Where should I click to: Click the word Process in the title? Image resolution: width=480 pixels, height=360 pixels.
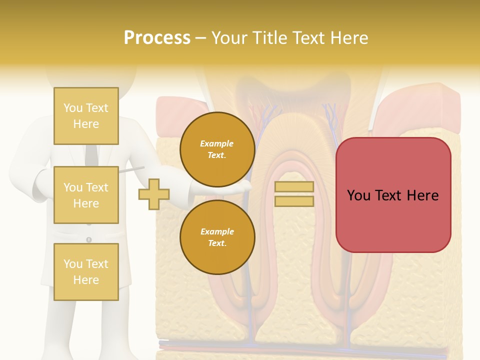pos(157,38)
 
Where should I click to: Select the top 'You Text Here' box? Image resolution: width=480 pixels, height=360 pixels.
pos(86,116)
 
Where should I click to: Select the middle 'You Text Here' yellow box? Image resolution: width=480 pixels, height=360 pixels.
pos(86,195)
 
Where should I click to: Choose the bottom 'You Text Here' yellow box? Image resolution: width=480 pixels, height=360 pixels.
pos(86,271)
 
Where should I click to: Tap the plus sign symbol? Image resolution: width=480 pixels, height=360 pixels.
pos(154,194)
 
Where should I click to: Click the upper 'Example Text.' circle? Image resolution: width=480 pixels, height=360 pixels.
pos(217,149)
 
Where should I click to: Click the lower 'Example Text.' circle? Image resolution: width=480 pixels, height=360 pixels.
pos(217,237)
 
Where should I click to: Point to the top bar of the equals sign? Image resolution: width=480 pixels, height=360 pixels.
pos(294,187)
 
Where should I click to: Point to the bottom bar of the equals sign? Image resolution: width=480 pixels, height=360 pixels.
pos(294,201)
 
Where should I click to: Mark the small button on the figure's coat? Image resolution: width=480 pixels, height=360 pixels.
pos(89,239)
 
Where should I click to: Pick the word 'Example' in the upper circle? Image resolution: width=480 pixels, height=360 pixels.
pos(217,143)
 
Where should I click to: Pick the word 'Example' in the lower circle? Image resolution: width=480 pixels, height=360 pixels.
pos(217,231)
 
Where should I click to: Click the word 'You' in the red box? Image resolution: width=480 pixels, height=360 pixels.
pos(358,195)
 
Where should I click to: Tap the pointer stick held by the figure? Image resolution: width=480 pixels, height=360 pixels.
pos(131,170)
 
